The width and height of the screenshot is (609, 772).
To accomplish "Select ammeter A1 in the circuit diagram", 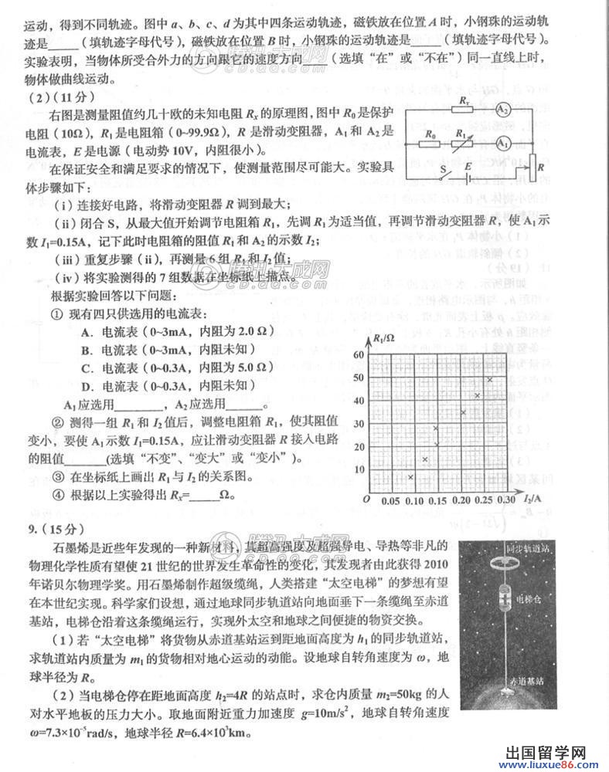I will click(x=503, y=143).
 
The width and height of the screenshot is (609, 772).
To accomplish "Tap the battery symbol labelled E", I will click(x=470, y=176).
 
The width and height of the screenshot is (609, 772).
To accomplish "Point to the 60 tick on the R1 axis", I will click(x=358, y=354).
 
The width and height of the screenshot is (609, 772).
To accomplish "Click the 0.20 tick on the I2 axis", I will click(x=462, y=500).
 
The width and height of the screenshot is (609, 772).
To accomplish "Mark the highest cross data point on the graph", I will click(x=489, y=379).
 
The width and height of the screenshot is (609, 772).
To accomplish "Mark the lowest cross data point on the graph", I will click(x=411, y=477).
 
